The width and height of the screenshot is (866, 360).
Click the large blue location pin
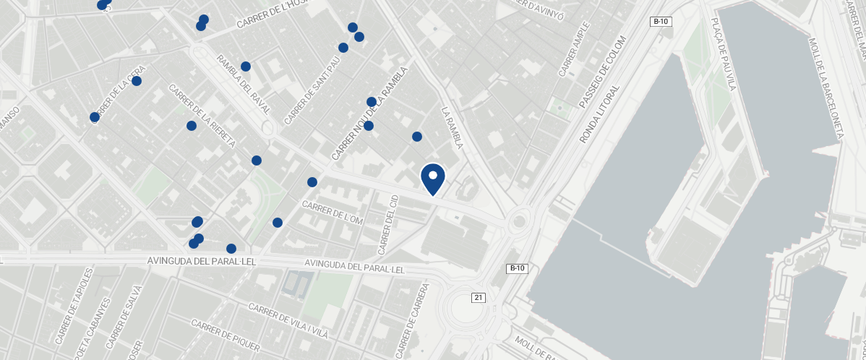[x=432, y=178]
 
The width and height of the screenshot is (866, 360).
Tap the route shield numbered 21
[x=478, y=297]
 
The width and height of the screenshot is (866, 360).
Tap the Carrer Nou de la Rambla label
[x=369, y=114]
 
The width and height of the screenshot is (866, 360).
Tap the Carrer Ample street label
[x=575, y=49]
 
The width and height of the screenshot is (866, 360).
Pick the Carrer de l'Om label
[x=332, y=213]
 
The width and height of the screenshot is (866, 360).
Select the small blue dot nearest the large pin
[x=416, y=137]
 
